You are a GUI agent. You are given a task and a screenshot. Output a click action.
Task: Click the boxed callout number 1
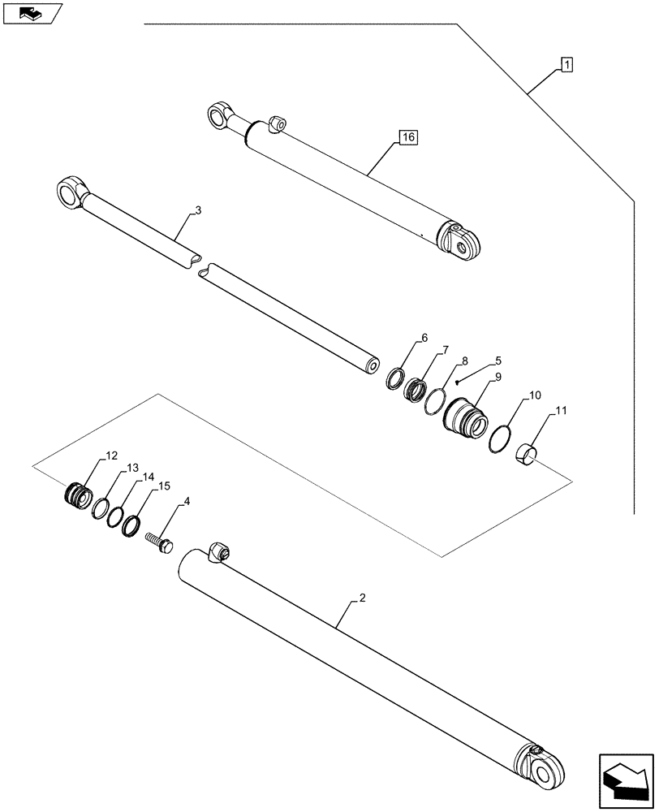tap(566, 65)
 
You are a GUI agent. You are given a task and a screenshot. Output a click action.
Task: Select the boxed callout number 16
tap(407, 138)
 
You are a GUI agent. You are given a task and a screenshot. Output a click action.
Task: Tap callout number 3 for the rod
tap(198, 211)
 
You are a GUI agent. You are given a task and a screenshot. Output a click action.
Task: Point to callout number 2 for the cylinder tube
tap(362, 598)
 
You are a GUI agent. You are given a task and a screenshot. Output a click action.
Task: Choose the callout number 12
tap(110, 457)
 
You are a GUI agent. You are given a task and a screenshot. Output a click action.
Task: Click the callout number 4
tap(187, 502)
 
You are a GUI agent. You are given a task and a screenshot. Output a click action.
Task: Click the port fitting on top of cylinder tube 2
tap(220, 551)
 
